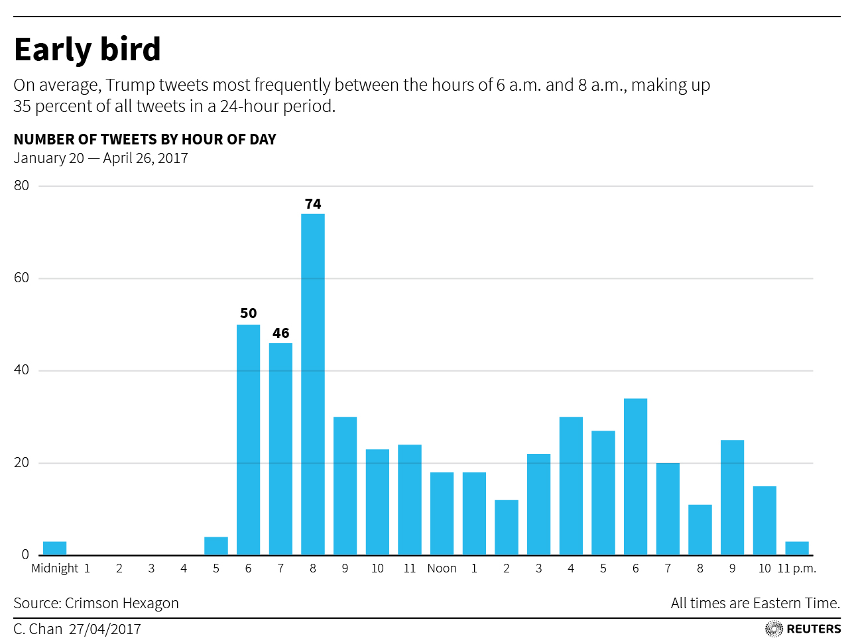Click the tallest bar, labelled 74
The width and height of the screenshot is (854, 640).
313,384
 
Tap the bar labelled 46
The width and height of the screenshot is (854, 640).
280,449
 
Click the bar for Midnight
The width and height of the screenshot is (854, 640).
54,549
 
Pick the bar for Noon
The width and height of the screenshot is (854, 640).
442,513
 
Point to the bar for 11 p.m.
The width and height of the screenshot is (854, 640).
796,549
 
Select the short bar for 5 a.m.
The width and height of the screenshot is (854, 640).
216,546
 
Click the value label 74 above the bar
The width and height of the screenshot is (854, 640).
313,204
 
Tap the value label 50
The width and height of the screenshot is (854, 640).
248,313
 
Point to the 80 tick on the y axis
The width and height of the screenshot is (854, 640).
22,186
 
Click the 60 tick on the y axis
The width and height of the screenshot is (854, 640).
22,278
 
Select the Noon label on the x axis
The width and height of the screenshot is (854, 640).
442,568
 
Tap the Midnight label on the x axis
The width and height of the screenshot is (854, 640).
55,568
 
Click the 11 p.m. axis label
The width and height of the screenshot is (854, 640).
796,568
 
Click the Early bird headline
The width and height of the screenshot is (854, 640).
88,50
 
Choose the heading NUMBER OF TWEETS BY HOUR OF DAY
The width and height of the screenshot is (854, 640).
145,139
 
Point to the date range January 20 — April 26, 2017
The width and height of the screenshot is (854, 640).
101,158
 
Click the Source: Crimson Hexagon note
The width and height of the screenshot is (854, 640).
96,603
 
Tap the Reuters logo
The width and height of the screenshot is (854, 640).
803,629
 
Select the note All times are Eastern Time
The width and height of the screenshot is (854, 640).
755,603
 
